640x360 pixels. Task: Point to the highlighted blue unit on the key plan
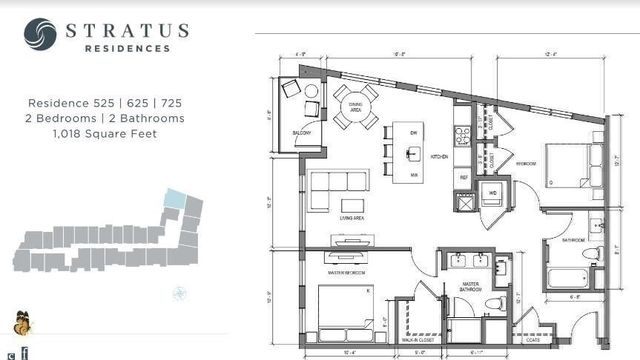point(176,199)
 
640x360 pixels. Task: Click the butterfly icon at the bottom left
point(20,324)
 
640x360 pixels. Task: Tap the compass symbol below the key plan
point(179,292)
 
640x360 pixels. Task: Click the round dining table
point(357,105)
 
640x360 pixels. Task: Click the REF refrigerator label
point(462,174)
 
